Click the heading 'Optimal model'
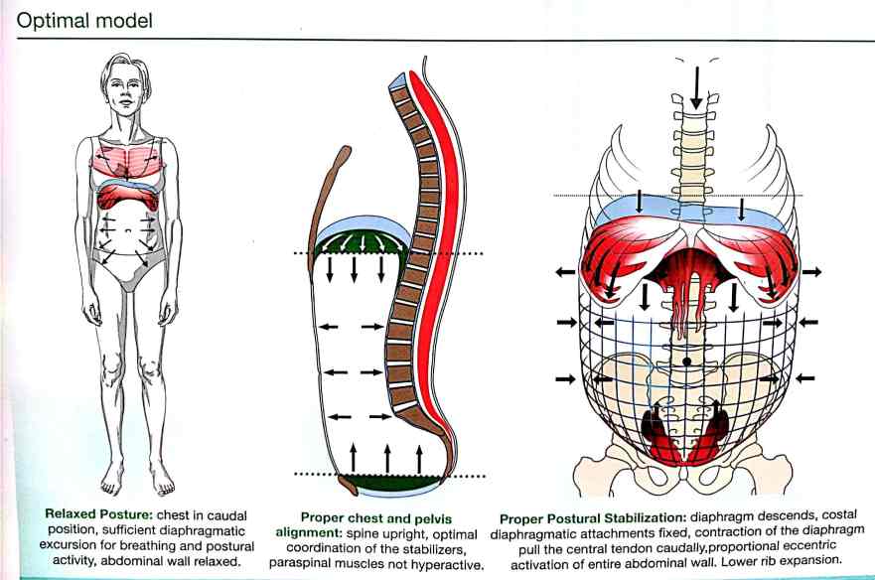tap(82, 20)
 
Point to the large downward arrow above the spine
tap(696, 87)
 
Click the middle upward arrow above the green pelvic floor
tap(386, 458)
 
